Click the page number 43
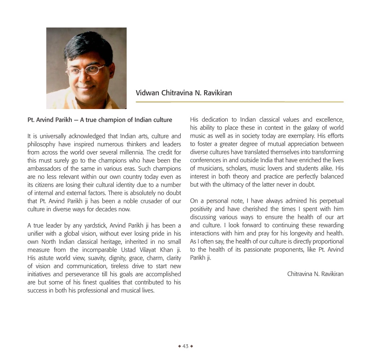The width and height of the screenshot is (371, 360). (185, 346)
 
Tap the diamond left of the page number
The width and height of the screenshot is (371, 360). (179, 346)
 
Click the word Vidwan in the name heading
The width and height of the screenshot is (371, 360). (146, 93)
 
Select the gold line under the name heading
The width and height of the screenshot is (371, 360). (239, 102)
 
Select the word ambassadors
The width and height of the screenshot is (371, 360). (46, 169)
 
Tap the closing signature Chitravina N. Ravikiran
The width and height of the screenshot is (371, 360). (315, 274)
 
